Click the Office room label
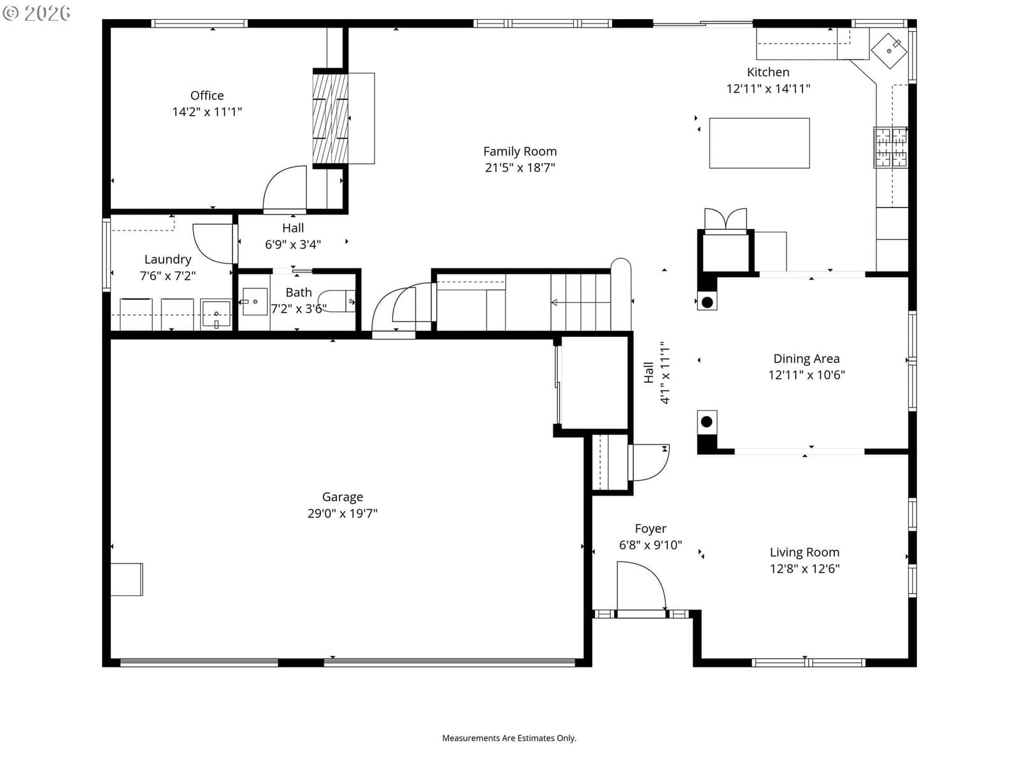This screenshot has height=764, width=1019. (x=206, y=95)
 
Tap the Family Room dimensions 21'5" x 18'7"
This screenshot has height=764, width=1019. (x=520, y=167)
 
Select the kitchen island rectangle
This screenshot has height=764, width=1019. (x=759, y=143)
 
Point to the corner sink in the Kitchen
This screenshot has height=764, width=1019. (x=888, y=51)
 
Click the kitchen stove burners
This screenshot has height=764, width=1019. (x=890, y=147)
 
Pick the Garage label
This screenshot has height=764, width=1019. (x=343, y=497)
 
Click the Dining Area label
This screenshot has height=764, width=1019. (x=806, y=358)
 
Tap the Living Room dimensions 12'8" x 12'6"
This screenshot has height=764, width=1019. (x=804, y=569)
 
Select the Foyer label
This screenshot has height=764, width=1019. (x=650, y=529)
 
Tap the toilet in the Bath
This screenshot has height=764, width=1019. (x=336, y=301)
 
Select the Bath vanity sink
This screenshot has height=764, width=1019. (x=255, y=302)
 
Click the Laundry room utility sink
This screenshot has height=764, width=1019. (x=216, y=315)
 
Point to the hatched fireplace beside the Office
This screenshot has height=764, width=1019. (x=330, y=118)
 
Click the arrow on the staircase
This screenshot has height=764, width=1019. (x=580, y=302)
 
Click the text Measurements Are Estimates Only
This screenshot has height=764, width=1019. (x=509, y=738)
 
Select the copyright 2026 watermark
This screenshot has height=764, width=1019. (x=37, y=13)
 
